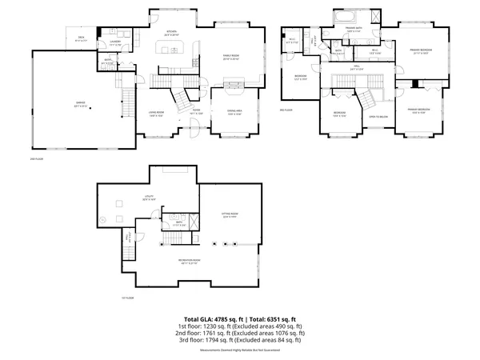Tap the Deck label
[x=81, y=37]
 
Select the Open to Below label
[x=377, y=116]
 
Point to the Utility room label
[x=150, y=197]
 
